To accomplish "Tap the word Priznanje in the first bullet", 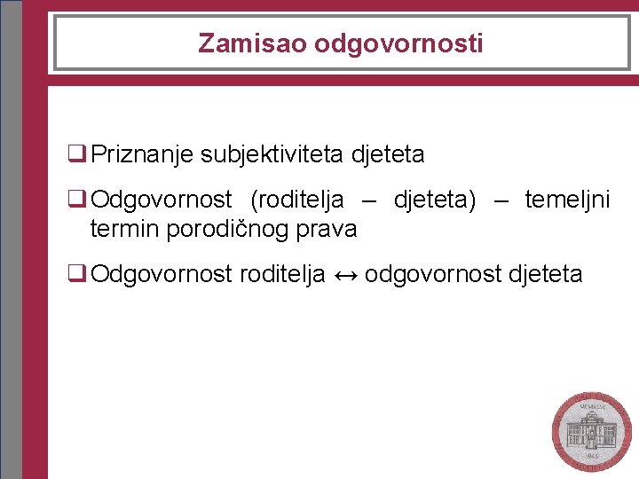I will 143,154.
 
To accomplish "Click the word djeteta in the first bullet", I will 388,154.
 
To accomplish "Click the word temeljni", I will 567,200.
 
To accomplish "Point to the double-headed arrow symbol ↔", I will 344,274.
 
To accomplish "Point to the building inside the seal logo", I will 590,432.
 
